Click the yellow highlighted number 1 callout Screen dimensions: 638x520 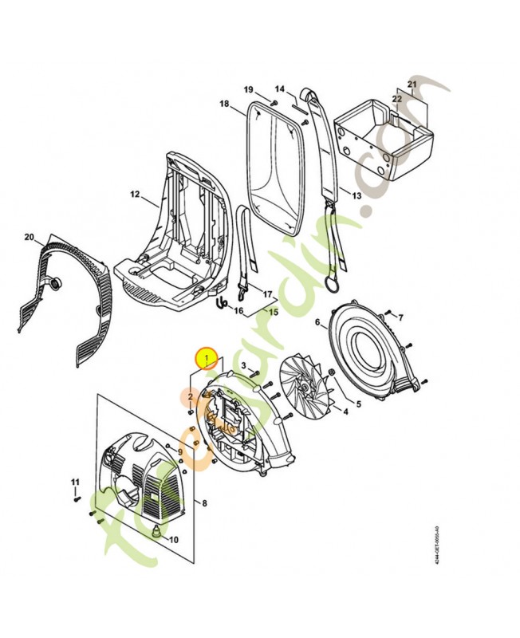(207, 360)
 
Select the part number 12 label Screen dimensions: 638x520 (135, 195)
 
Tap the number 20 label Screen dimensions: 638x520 (30, 237)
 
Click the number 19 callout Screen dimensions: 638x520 (248, 89)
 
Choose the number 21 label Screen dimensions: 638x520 (412, 84)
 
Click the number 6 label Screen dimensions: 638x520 (317, 322)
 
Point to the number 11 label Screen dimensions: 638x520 (76, 482)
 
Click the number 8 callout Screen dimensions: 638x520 (204, 503)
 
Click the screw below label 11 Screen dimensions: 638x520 (77, 498)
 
